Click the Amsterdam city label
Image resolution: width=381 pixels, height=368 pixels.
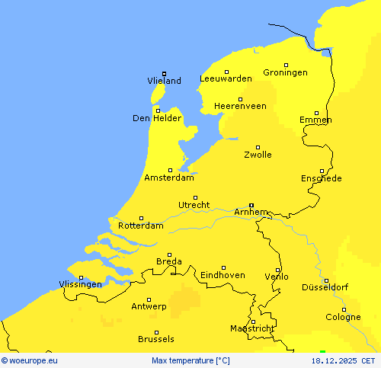coord(168,178)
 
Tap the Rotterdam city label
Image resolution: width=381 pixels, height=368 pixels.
coord(141,226)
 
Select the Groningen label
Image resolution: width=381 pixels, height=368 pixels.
coord(285,72)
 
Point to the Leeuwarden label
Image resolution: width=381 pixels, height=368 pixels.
coord(226,78)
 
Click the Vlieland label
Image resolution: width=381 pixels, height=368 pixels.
coord(164,81)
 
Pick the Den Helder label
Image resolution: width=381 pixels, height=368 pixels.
coord(157,118)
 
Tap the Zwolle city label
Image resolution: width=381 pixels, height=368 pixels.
coord(258,155)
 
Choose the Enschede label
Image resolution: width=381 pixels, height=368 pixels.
coord(321,178)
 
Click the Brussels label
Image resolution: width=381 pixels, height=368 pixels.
coord(156,339)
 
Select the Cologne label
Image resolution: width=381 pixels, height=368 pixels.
coord(344,317)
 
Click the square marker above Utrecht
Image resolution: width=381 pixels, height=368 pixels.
coord(195,197)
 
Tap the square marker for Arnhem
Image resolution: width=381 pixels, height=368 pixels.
coord(251,204)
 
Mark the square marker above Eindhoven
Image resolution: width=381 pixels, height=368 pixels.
coord(223,267)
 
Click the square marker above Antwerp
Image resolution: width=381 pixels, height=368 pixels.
coord(149,299)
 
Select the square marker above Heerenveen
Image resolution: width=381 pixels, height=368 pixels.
coord(240,99)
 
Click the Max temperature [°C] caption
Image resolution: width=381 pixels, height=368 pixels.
coord(190,360)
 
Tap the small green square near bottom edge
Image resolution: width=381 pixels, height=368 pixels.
coord(322,351)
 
